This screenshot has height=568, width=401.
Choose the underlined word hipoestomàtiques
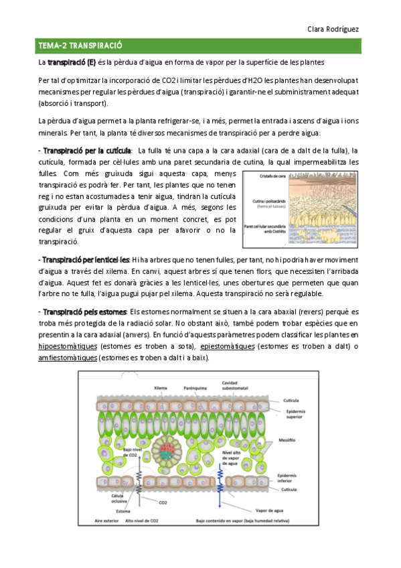[x=67, y=346]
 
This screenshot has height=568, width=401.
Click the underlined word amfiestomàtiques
[x=67, y=358]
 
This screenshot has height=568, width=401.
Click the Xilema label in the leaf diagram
[x=160, y=387]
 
